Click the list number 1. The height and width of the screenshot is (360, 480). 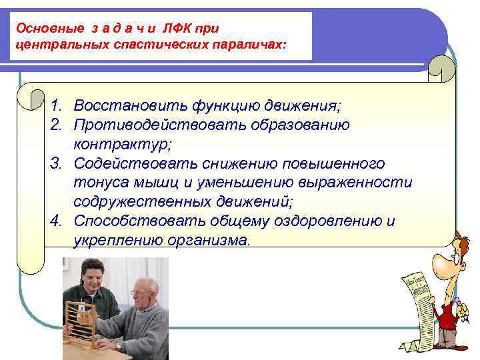(57, 106)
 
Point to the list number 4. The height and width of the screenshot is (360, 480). (57, 221)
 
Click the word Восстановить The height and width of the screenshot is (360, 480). (120, 106)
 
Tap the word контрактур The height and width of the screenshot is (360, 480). (113, 144)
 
